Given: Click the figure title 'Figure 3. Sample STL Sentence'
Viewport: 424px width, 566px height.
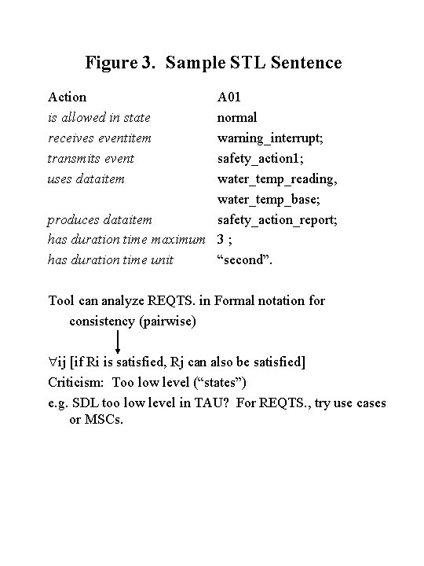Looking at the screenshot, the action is [214, 62].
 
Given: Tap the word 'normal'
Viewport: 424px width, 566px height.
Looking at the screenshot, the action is [237, 118].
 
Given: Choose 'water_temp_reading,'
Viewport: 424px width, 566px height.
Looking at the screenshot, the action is [277, 179].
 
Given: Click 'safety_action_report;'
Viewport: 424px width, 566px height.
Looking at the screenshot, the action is [277, 220].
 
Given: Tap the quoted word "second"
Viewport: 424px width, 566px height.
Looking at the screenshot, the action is [245, 260].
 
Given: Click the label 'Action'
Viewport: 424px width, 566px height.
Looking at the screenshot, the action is [68, 97].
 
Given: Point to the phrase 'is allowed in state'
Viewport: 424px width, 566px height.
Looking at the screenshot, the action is [99, 118].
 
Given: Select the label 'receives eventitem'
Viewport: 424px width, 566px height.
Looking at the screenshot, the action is [100, 138].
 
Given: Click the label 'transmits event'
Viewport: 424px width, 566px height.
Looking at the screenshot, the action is [91, 159].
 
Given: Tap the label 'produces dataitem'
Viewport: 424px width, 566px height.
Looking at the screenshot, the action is [100, 220].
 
